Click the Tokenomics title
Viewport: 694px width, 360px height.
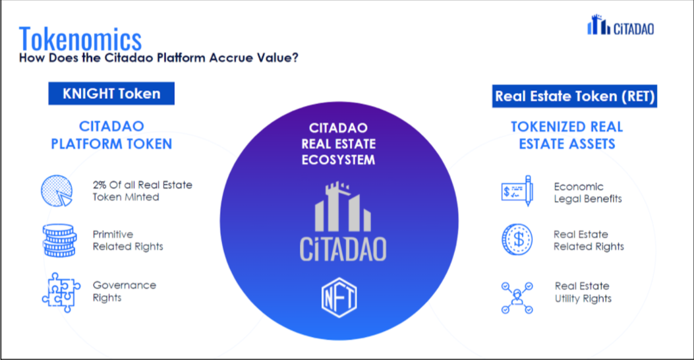point(80,39)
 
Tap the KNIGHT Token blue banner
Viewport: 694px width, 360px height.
point(111,94)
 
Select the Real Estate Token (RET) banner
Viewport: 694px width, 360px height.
point(575,96)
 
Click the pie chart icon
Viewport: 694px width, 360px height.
point(57,191)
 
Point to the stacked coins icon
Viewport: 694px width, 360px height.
point(59,241)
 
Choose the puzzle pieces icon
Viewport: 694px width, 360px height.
point(61,292)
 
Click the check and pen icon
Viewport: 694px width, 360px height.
point(517,191)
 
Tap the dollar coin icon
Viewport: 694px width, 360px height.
point(517,239)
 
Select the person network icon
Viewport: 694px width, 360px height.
point(517,297)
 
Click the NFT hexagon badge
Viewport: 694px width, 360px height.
point(339,297)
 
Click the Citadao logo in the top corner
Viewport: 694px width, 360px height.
point(621,25)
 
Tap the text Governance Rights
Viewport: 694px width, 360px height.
point(125,291)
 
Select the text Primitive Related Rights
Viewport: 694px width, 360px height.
point(128,241)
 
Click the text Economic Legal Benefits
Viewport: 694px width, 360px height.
point(588,193)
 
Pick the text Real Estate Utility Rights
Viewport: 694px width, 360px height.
point(583,292)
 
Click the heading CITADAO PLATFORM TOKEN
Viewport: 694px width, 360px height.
point(111,135)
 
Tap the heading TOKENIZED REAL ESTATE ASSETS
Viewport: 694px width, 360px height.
point(567,136)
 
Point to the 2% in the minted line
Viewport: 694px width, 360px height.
point(100,185)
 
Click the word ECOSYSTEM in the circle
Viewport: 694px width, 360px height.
point(338,160)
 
